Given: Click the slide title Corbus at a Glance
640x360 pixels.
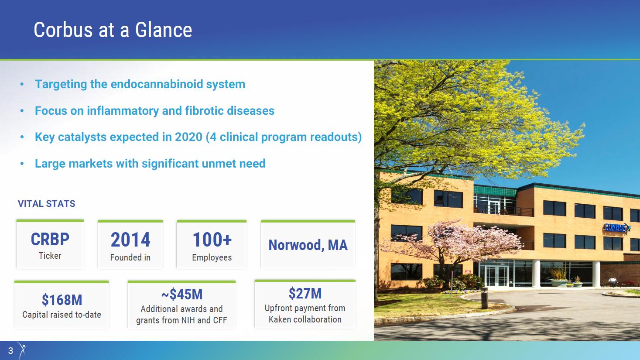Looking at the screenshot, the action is (x=113, y=30).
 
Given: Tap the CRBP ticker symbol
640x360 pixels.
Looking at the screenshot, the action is (x=50, y=239).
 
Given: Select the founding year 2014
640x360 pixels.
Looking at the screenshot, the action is (x=130, y=240).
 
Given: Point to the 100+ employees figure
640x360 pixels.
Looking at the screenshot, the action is (x=212, y=240).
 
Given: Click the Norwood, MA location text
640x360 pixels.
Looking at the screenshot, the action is (x=308, y=245).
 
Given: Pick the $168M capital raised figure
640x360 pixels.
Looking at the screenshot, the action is (x=62, y=300).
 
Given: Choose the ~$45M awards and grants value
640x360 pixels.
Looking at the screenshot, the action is (x=182, y=294).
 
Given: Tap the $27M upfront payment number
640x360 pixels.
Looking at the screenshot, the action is (x=305, y=293).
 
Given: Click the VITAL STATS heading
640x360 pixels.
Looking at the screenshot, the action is (x=47, y=204).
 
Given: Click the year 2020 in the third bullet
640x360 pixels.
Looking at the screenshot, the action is (x=188, y=137).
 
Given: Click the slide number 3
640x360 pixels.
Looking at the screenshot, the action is (x=10, y=350).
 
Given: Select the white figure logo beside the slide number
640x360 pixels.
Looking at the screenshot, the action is (x=22, y=350).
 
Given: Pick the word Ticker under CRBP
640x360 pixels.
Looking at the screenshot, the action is (x=50, y=256).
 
